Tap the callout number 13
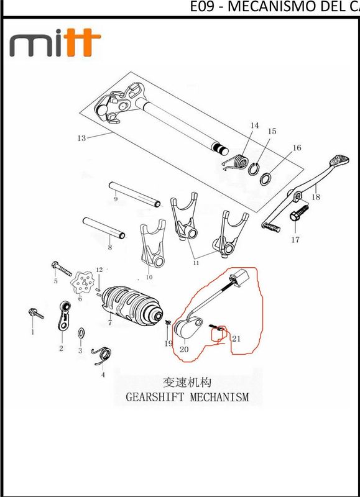(81, 138)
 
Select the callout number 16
(297, 148)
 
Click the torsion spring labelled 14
(236, 163)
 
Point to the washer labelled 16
(266, 178)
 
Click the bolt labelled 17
(299, 212)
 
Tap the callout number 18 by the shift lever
(316, 197)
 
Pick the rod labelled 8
(104, 227)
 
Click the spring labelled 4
(101, 356)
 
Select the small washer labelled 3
(81, 334)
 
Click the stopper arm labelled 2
(64, 316)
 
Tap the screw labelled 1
(36, 314)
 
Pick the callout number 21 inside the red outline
(236, 339)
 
